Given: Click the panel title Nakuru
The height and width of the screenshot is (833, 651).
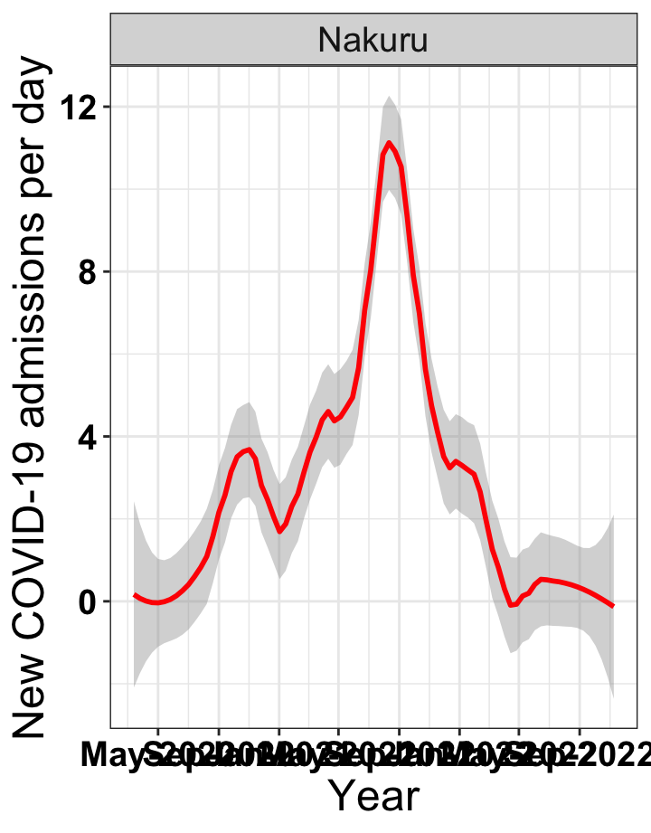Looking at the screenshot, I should point(373,41).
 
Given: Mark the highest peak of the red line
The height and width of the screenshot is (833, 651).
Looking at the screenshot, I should point(389,142).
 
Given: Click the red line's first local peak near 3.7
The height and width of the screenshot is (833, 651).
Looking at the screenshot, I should point(250,449).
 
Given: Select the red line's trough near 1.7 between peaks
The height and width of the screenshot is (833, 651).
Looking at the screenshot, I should point(280,531).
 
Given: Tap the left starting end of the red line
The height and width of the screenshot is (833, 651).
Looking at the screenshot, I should point(134,594).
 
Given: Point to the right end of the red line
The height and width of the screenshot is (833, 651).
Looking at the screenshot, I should point(613,606).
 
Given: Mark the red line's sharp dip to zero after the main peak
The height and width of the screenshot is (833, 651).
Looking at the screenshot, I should point(511,605).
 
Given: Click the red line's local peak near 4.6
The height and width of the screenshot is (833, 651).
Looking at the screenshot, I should point(329,412).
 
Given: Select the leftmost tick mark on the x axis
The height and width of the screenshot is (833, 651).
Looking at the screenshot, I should point(158,731).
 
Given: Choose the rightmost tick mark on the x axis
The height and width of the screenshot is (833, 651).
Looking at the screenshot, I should point(580,731).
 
